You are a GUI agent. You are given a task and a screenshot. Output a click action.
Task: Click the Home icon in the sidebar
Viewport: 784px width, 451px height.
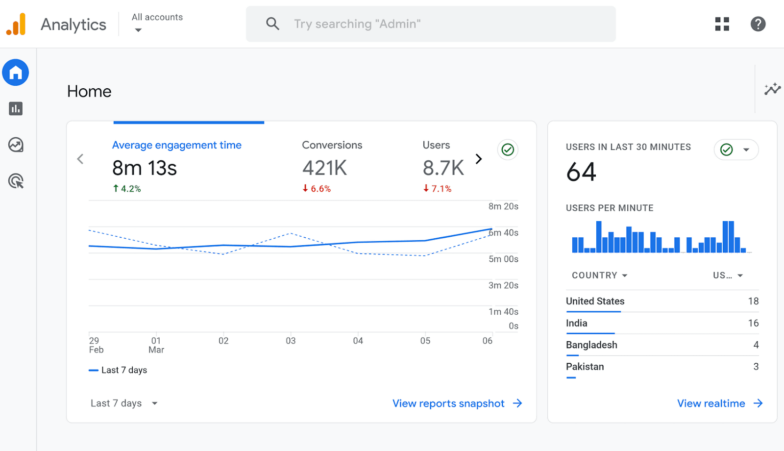pos(16,73)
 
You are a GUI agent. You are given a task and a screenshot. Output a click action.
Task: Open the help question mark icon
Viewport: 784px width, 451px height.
pos(758,24)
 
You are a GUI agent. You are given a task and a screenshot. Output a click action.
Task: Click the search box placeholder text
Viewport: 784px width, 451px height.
pos(357,24)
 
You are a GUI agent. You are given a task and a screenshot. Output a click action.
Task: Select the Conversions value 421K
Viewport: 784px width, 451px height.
pos(324,168)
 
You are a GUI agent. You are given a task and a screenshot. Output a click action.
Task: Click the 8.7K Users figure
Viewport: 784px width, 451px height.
pos(443,168)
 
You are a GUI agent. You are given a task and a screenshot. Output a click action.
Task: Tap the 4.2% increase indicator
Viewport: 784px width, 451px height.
pos(127,189)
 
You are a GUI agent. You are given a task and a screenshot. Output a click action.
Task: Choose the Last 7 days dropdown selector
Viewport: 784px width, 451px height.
pos(124,403)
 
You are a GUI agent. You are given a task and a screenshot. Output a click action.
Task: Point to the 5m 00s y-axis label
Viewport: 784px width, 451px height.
pos(503,259)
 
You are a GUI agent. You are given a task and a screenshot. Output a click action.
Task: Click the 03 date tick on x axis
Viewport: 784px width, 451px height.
pos(291,341)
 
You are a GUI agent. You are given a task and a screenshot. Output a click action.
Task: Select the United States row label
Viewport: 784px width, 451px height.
pos(595,301)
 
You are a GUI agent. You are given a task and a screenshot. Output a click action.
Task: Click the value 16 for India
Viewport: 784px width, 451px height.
pos(753,323)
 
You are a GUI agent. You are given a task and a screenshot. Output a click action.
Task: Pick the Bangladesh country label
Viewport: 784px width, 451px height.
pos(591,345)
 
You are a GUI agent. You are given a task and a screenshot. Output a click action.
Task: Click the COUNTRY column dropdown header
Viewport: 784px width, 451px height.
pos(599,276)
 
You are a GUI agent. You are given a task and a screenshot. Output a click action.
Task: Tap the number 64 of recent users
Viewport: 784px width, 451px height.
pos(581,172)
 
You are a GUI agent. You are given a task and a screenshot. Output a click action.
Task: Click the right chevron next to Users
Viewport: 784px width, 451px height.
pos(479,159)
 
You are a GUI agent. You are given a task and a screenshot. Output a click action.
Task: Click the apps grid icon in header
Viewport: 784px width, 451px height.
pos(722,24)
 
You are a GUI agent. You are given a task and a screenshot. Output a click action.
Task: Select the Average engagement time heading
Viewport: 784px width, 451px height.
pos(176,145)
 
